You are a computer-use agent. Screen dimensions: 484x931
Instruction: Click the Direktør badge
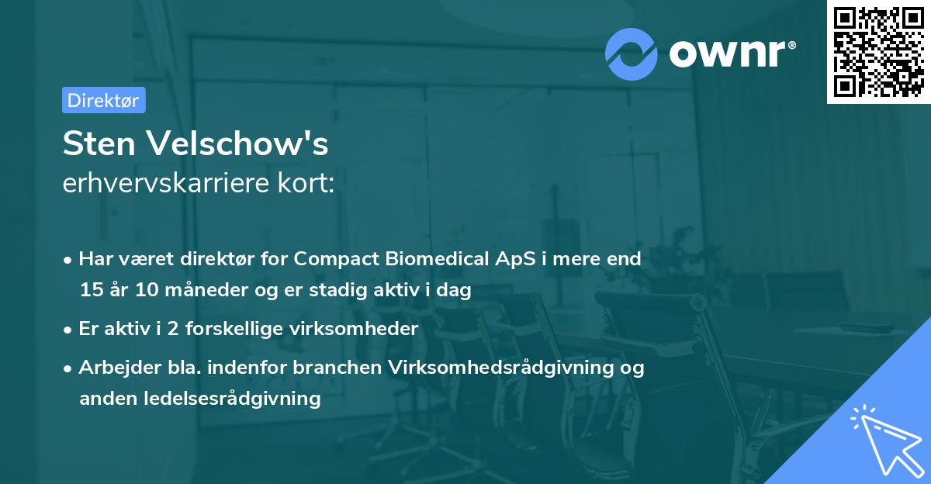[103, 100]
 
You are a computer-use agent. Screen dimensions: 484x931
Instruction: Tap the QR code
[878, 51]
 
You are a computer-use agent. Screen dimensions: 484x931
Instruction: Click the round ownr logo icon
[632, 54]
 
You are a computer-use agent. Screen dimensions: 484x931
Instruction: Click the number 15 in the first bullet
[90, 290]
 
